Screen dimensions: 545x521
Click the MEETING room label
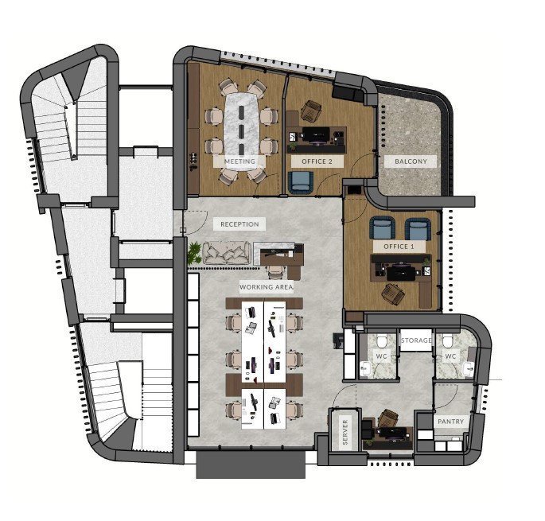click(x=239, y=161)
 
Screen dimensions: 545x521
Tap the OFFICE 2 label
click(x=317, y=161)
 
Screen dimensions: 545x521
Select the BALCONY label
click(x=411, y=161)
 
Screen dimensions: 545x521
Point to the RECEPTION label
click(x=239, y=224)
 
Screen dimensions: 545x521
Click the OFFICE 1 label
click(x=399, y=247)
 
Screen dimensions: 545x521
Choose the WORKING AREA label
click(x=267, y=287)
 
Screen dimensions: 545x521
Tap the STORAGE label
click(x=416, y=340)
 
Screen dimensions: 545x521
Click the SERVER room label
click(x=345, y=432)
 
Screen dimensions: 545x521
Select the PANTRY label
click(x=451, y=422)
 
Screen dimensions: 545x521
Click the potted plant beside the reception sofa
click(x=194, y=253)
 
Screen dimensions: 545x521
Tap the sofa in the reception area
click(x=227, y=253)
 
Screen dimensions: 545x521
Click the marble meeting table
click(x=242, y=130)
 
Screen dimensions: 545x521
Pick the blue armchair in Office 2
click(x=300, y=182)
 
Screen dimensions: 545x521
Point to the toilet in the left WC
click(x=382, y=340)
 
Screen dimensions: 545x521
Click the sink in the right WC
click(x=468, y=368)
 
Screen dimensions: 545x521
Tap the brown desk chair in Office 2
click(x=311, y=111)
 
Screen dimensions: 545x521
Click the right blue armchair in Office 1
click(x=418, y=229)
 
